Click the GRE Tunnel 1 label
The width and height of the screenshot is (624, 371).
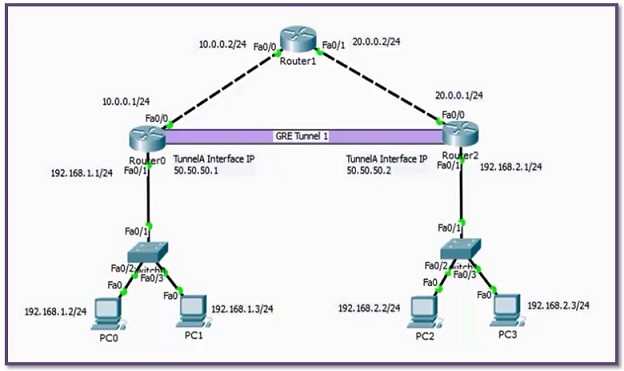[301, 136]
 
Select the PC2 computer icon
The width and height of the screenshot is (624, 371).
[426, 310]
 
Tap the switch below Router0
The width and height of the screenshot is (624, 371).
[149, 253]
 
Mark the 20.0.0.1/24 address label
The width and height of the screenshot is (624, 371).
[459, 95]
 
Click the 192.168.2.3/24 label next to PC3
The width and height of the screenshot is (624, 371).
[558, 304]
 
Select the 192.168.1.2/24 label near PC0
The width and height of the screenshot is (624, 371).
[56, 311]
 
